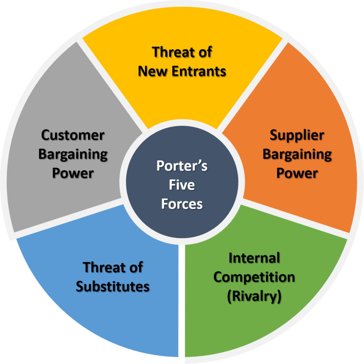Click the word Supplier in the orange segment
(x=297, y=135)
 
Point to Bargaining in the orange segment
(x=297, y=154)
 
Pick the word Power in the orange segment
(x=297, y=173)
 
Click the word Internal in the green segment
(x=254, y=258)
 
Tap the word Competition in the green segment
(x=254, y=277)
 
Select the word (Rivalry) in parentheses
(x=254, y=296)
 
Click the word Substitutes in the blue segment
(x=113, y=286)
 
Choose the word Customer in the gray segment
(x=73, y=135)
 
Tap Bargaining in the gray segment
(x=73, y=154)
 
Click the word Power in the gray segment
(x=73, y=173)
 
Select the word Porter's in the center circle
(x=182, y=166)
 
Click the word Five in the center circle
(x=182, y=185)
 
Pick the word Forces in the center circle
(x=182, y=204)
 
